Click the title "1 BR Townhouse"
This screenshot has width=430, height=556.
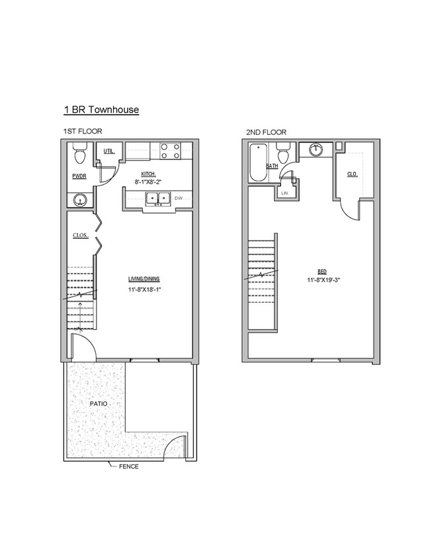101,110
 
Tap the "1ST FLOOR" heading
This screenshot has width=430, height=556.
83,132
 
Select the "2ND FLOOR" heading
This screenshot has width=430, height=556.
266,132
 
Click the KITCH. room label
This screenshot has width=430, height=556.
148,173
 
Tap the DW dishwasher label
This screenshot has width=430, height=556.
178,197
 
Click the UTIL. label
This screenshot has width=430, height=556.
109,151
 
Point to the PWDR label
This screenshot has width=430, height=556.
79,177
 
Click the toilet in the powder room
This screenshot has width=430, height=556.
79,157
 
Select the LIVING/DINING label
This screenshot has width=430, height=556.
144,278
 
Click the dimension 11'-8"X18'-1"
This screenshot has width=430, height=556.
144,290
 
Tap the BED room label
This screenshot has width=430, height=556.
322,271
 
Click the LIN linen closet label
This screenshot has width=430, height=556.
284,192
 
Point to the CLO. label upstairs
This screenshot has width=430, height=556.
353,174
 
